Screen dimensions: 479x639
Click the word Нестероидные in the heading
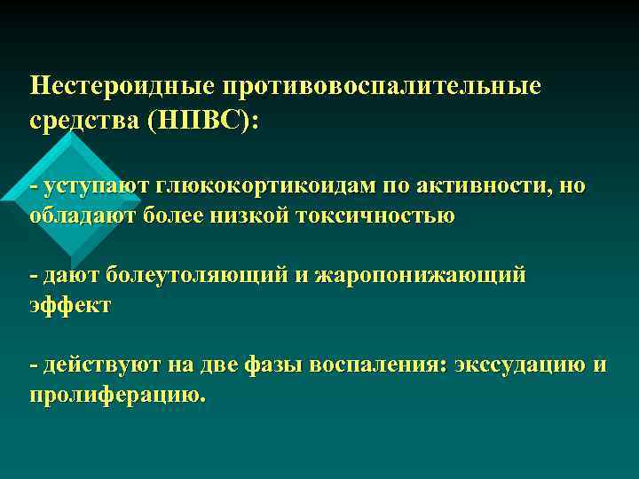tap(124, 86)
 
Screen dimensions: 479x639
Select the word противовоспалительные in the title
tap(385, 86)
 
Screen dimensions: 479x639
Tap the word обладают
tap(78, 215)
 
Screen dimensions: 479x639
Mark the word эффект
tap(70, 304)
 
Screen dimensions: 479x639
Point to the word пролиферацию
tap(117, 393)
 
